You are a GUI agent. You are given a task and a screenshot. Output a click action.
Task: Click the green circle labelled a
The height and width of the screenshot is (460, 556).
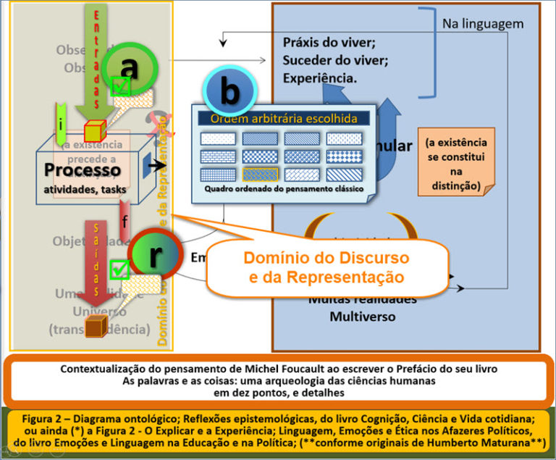point(128,68)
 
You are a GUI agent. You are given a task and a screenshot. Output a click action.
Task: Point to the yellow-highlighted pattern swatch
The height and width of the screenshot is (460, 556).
point(259,175)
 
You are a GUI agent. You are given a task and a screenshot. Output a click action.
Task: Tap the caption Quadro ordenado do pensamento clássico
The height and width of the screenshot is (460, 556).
point(281,189)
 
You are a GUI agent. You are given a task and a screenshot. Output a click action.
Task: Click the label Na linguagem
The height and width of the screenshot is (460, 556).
point(482,24)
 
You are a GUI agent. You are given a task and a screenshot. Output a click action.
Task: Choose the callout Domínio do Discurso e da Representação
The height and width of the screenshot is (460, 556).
point(327,267)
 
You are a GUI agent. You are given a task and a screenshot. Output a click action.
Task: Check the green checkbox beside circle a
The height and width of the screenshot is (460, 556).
point(121,88)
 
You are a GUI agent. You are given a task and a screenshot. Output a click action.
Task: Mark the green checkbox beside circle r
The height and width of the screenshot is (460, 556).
point(119,270)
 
